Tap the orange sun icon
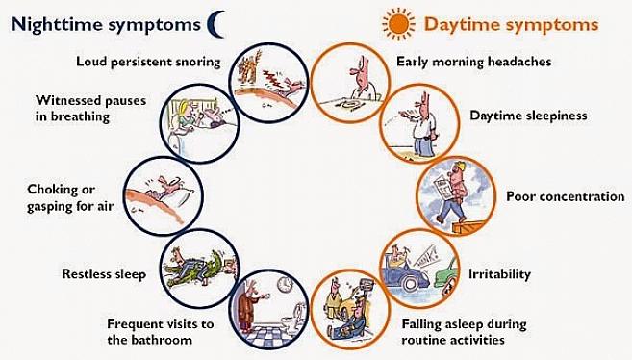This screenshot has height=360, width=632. (398, 25)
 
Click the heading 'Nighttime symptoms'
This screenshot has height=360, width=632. (106, 25)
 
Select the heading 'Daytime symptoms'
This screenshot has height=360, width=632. (511, 25)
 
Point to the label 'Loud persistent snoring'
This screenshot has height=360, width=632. (148, 62)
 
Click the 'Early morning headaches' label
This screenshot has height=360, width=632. (474, 62)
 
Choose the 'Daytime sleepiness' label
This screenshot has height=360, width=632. (528, 116)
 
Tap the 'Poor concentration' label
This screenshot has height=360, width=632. (565, 196)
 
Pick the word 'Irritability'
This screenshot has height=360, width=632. (499, 274)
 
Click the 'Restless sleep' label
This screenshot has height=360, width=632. (104, 274)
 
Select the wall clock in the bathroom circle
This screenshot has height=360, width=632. (285, 284)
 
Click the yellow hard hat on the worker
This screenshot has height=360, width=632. (459, 166)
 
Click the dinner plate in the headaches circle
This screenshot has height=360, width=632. (348, 106)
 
